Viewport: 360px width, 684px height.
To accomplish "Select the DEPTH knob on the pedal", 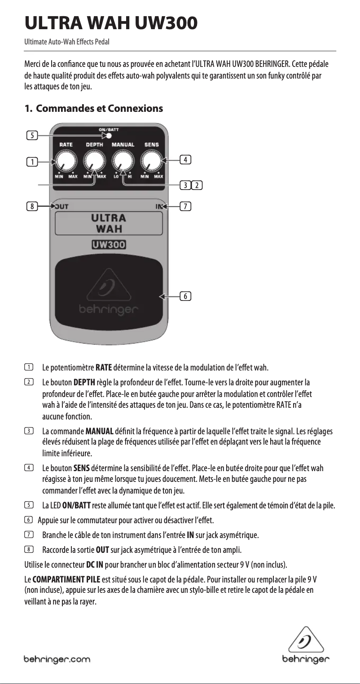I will [94, 160].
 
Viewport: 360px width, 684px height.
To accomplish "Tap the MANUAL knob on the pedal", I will [123, 160].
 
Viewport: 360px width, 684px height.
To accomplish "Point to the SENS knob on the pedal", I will [151, 160].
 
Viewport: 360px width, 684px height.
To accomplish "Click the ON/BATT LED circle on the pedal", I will [108, 135].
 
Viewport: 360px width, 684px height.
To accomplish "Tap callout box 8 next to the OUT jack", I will [31, 207].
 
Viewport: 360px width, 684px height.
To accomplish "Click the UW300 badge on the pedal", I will [108, 245].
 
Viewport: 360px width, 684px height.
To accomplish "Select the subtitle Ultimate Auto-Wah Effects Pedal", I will [67, 42].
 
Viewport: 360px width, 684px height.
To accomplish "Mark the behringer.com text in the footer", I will [57, 660].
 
